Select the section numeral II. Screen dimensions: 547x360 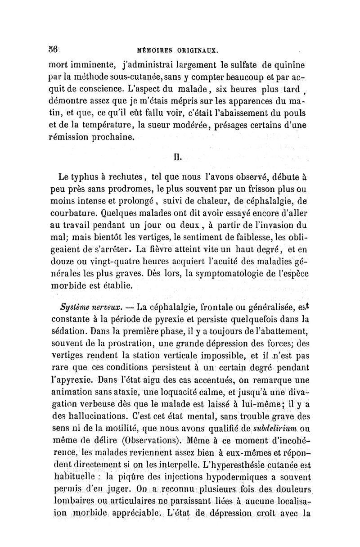pos(180,158)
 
